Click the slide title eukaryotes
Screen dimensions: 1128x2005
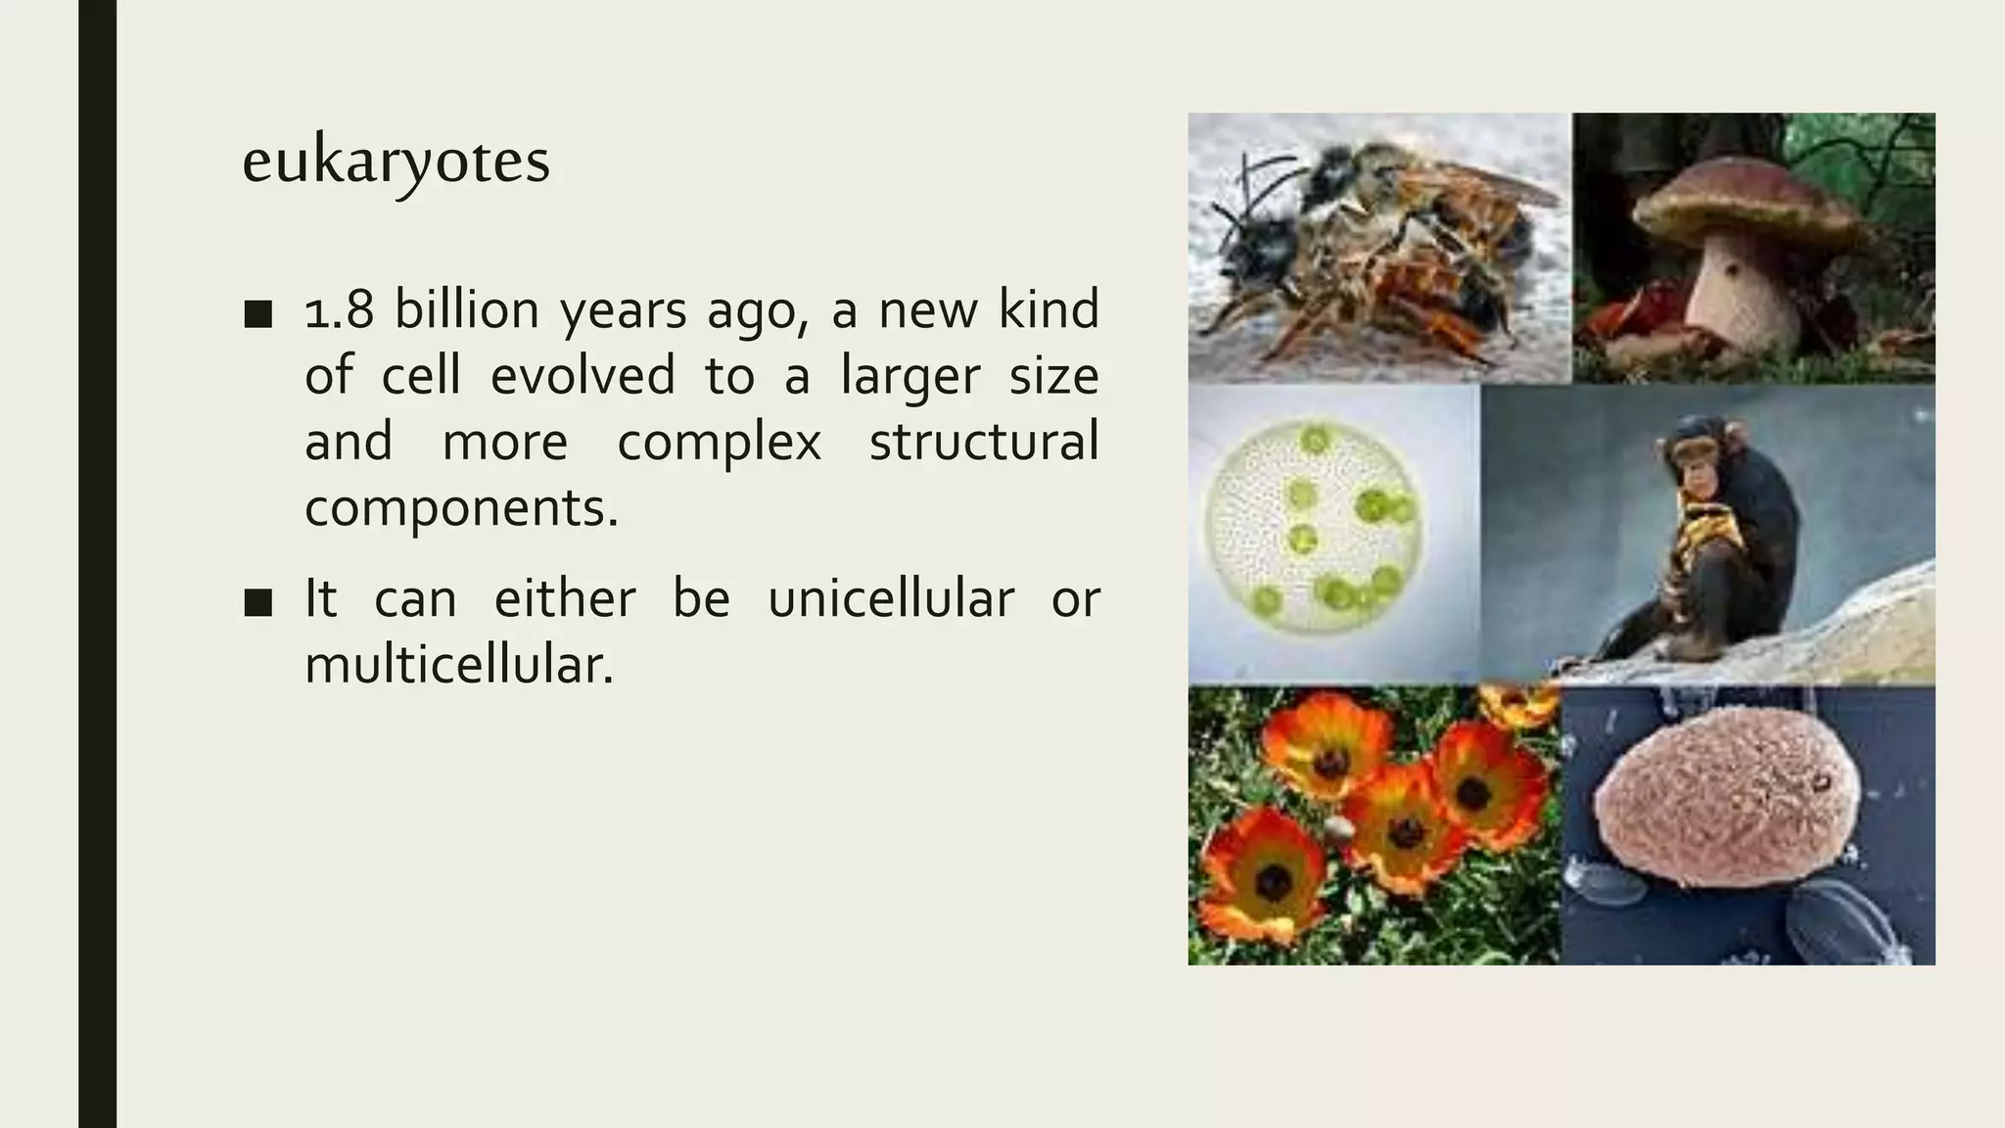pos(396,162)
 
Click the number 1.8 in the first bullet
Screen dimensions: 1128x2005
pos(339,310)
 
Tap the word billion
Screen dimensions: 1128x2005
pos(466,310)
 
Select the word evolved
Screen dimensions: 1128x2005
pos(583,376)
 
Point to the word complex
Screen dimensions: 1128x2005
pos(719,443)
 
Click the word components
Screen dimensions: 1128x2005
pos(461,508)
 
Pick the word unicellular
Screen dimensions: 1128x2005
pos(890,599)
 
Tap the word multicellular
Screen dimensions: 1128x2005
pos(458,666)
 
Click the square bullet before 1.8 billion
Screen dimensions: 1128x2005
pos(258,314)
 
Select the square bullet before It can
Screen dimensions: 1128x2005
pos(258,603)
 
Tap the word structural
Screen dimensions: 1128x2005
pos(983,443)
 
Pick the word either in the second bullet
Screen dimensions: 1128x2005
pos(565,599)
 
